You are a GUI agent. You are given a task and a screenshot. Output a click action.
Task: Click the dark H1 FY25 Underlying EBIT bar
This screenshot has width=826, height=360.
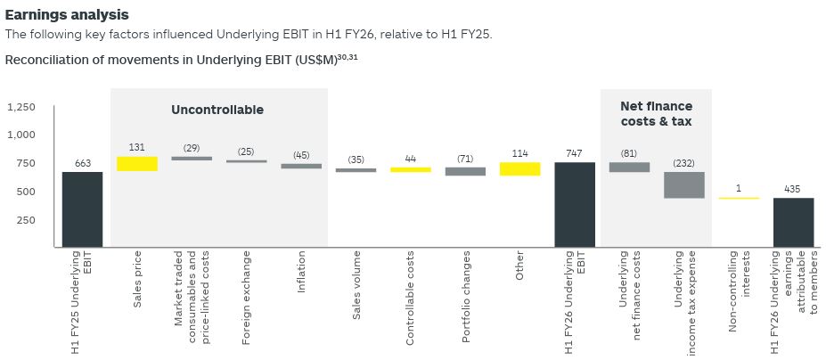82,209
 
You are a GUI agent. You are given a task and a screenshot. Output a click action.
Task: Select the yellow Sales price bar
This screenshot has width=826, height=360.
137,164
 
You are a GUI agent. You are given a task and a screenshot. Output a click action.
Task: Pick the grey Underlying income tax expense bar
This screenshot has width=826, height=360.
684,184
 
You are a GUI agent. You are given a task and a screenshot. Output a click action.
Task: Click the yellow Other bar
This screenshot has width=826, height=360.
519,168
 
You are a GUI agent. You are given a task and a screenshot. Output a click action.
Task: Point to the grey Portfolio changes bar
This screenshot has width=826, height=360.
465,171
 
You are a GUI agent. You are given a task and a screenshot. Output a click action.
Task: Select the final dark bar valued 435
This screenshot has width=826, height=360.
793,222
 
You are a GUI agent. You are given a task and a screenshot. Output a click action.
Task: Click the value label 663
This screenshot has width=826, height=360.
82,163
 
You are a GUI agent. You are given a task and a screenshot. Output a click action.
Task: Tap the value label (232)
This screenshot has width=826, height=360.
684,163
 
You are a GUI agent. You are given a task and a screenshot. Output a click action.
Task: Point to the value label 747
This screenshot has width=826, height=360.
575,153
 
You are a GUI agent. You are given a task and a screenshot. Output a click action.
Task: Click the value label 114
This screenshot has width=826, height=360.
519,153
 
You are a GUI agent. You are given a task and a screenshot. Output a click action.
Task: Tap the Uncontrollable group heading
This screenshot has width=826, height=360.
217,110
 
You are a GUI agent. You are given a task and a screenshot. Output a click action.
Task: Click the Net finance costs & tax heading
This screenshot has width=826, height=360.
656,114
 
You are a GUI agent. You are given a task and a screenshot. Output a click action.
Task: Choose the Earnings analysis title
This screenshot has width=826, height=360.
67,15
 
